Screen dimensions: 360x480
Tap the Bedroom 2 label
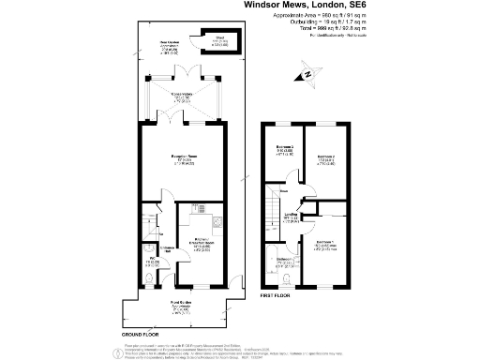[x=325, y=157]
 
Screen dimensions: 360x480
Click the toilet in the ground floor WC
[x=152, y=277]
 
